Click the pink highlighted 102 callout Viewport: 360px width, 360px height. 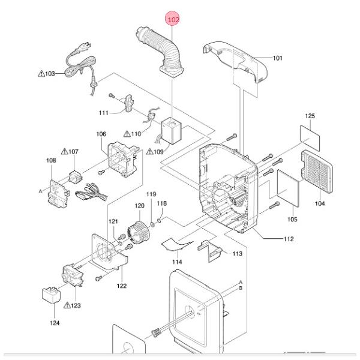(174, 20)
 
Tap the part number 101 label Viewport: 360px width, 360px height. (277, 58)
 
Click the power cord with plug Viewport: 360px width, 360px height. (81, 60)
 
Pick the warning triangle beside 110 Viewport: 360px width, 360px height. (127, 133)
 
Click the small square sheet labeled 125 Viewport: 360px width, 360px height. (310, 137)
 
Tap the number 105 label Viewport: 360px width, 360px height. (292, 219)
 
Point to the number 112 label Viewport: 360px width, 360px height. (288, 239)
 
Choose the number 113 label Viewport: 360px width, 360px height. (238, 254)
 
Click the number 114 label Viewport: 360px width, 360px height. (177, 262)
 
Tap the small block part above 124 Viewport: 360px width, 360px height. (50, 296)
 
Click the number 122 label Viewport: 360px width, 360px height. (122, 286)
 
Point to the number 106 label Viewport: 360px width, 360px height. (101, 134)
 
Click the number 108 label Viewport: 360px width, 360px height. (51, 160)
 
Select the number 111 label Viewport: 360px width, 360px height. (103, 113)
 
